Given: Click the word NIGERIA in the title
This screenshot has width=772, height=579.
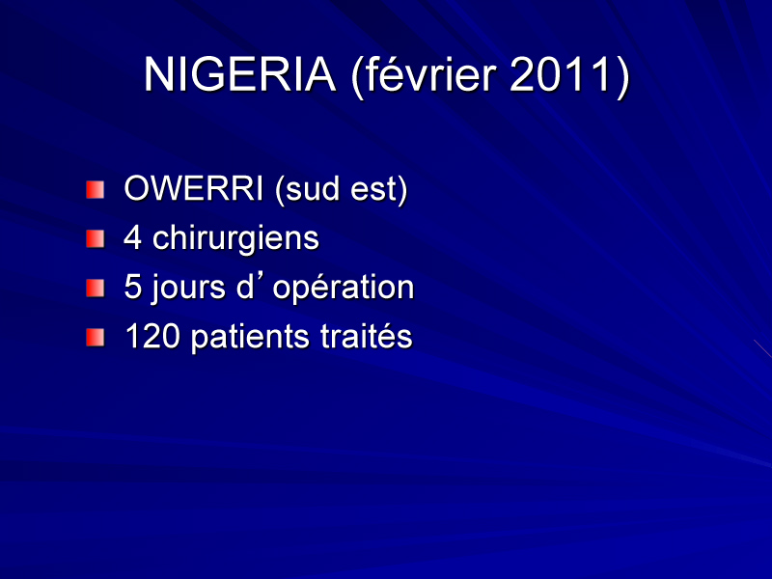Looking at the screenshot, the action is (x=239, y=74).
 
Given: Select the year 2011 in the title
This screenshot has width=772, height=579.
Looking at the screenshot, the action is (x=560, y=74).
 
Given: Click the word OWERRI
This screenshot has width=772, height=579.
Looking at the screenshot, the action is (x=194, y=188).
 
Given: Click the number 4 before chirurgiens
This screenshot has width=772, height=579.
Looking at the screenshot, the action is (x=132, y=237).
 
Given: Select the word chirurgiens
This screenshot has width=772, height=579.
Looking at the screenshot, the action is (x=235, y=239).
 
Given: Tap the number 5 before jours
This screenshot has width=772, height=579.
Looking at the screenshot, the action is (x=132, y=287).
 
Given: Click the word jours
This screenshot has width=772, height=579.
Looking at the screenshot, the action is (x=188, y=289).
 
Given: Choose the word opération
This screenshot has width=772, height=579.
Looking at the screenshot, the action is (x=344, y=289).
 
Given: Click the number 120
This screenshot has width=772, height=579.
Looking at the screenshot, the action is (x=152, y=336).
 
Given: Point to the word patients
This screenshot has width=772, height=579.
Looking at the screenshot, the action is (x=251, y=338).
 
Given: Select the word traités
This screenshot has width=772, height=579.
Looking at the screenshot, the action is (x=367, y=336).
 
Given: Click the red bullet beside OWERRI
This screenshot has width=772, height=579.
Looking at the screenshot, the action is (x=95, y=189).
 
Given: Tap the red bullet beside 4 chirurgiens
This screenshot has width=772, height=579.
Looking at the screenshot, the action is (x=95, y=238).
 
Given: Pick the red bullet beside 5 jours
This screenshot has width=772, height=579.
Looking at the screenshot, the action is (x=95, y=289).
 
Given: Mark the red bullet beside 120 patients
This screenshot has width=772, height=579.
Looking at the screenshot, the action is (x=95, y=338).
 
